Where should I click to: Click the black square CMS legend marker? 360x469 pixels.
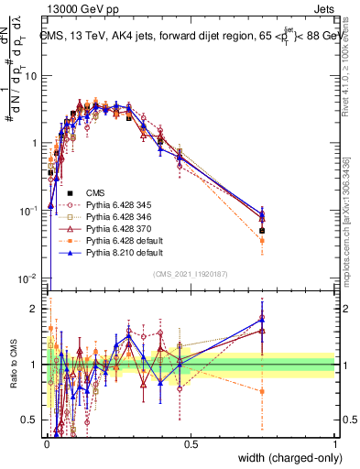[x=71, y=192]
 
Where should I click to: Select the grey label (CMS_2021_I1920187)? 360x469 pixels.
[x=191, y=274]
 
